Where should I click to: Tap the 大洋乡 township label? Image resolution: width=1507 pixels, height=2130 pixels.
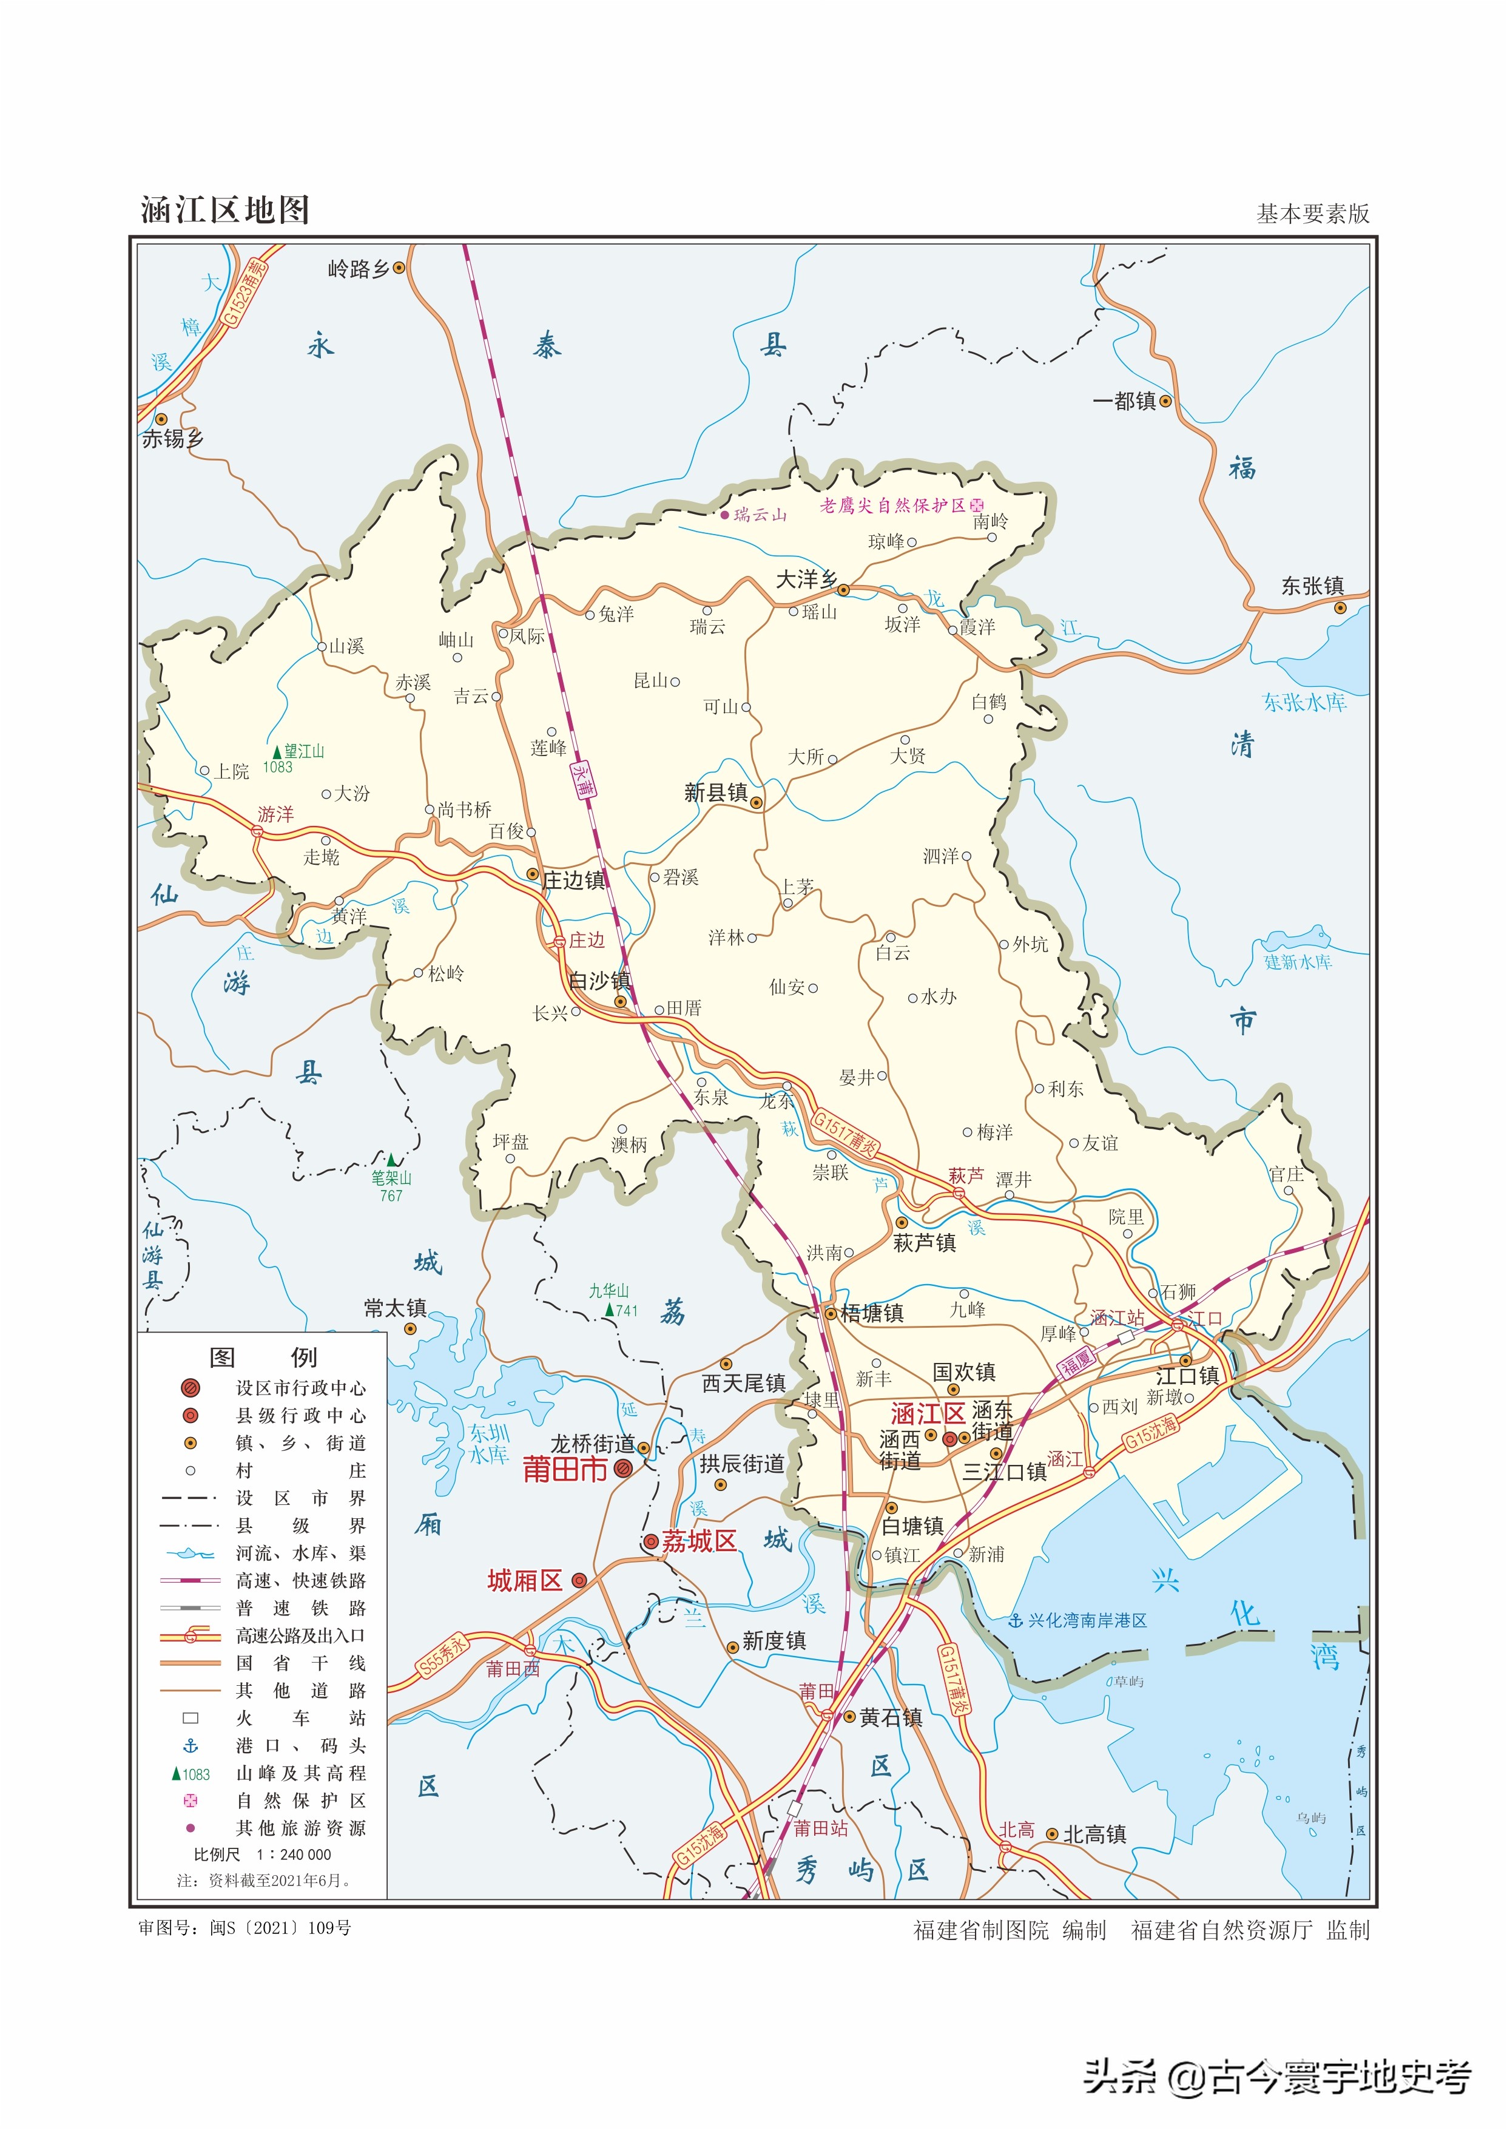coord(806,580)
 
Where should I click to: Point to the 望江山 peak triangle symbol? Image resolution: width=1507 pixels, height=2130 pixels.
coord(277,752)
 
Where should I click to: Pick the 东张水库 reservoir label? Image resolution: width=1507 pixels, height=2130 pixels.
coord(1304,703)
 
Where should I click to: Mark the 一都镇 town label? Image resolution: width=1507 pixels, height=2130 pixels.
coord(1124,401)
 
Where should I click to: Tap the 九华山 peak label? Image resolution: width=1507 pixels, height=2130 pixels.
coord(609,1291)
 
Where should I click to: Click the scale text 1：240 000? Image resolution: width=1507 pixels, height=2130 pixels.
coord(293,1854)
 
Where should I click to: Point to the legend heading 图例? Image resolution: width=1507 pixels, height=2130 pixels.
coord(263,1358)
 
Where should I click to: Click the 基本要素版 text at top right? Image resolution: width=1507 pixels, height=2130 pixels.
coord(1312,214)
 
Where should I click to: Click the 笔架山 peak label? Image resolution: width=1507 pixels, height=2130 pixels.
coord(391,1178)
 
